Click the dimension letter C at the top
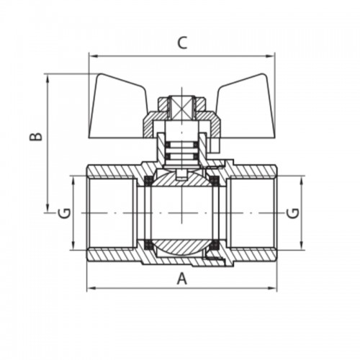pos(182,43)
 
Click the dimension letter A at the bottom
pos(181,279)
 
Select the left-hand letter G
pos(64,212)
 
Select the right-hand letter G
pos(293,213)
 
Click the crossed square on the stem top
pos(182,106)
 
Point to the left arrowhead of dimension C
pos(92,56)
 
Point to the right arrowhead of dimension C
pos(271,56)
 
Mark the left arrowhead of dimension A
pos(91,287)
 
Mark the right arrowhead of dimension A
pos(274,287)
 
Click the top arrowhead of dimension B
pos(48,78)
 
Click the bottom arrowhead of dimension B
pos(48,209)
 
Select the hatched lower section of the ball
pos(181,246)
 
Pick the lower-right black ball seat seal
pos(215,245)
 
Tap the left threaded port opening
pos(111,213)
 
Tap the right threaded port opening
pos(252,213)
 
